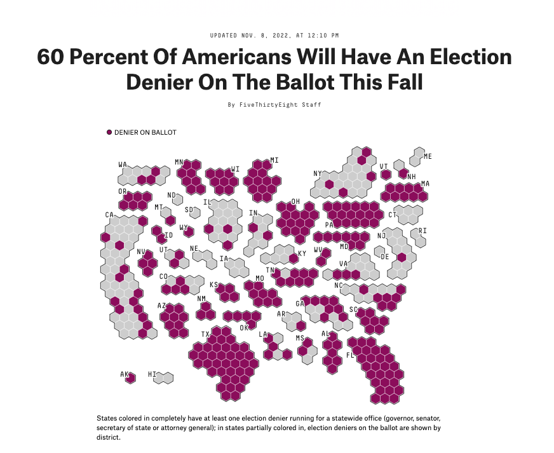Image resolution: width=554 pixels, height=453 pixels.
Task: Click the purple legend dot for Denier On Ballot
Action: tap(109, 132)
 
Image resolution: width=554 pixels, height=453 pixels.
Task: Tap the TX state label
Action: tap(205, 334)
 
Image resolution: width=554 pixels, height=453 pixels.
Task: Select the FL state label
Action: tap(350, 355)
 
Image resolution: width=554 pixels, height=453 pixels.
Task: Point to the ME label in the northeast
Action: tap(428, 156)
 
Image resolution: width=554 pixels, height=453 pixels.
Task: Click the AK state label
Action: tap(124, 374)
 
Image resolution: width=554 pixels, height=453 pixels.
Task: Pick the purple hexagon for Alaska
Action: tap(131, 379)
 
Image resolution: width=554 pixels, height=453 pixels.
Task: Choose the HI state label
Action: tap(152, 374)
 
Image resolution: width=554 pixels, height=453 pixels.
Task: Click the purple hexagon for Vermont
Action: tap(386, 175)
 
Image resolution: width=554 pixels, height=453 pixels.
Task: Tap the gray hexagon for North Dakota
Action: tap(178, 200)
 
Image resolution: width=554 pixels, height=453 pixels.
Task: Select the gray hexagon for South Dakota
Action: tap(195, 213)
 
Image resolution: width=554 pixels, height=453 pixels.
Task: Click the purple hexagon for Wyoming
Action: tap(189, 232)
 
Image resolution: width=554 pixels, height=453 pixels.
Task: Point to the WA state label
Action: tap(123, 165)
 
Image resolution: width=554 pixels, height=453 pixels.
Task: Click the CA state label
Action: tap(109, 215)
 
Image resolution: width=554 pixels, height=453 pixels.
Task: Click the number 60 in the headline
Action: tap(51, 57)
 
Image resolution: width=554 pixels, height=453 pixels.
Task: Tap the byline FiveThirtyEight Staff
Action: tap(280, 105)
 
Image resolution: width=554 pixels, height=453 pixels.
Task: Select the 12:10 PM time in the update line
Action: tap(323, 36)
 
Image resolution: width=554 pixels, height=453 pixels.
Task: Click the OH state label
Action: tap(295, 201)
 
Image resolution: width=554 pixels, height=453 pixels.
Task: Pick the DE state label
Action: tap(385, 257)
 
